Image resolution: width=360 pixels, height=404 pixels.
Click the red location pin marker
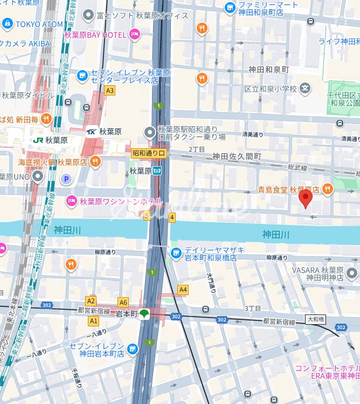pyautogui.click(x=306, y=198)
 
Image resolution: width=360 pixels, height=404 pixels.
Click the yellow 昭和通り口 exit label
pyautogui.click(x=150, y=154)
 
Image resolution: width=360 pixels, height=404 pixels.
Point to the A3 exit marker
pyautogui.click(x=110, y=91)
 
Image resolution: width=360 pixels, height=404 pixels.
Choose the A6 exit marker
pyautogui.click(x=123, y=303)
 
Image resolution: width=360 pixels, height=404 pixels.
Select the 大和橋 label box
pyautogui.click(x=315, y=319)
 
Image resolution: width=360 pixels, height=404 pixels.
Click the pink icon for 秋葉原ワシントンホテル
pyautogui.click(x=71, y=201)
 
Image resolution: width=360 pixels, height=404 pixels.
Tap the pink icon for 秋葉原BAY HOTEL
pyautogui.click(x=134, y=35)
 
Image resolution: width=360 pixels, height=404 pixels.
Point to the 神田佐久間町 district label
pyautogui.click(x=237, y=156)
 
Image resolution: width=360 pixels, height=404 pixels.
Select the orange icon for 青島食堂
pyautogui.click(x=328, y=189)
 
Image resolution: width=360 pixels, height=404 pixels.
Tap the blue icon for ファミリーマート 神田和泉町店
pyautogui.click(x=230, y=8)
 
